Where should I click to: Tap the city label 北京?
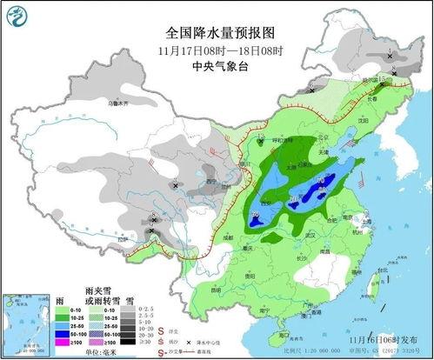(x=324, y=137)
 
